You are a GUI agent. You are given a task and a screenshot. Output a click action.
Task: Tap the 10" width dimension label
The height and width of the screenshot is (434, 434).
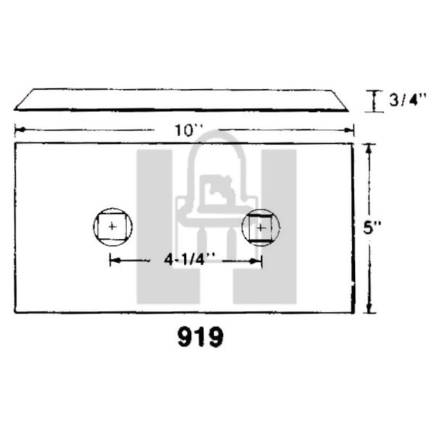tap(183, 130)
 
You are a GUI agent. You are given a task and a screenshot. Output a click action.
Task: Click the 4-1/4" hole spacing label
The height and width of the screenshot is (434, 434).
tap(185, 260)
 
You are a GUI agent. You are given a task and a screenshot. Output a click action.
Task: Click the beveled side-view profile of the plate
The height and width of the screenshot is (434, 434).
tap(181, 99)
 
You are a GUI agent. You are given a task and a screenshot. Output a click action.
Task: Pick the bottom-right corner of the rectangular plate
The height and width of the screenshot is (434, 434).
tap(354, 312)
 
